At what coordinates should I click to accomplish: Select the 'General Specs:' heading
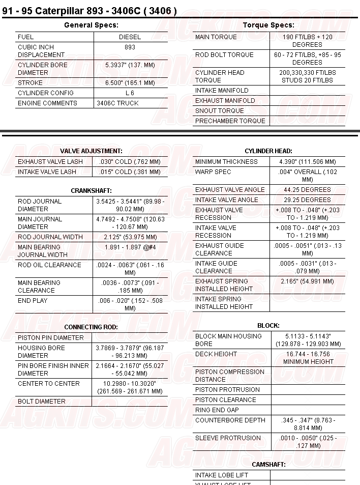[91, 25]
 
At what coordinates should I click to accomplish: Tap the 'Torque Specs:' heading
[268, 25]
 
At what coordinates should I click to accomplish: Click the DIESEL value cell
[130, 37]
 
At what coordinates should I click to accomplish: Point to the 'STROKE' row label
[31, 83]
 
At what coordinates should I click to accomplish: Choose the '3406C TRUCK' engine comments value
[117, 103]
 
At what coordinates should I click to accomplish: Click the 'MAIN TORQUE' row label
[216, 37]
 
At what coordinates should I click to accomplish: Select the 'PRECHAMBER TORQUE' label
[230, 121]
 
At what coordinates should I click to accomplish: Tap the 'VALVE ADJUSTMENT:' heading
[91, 151]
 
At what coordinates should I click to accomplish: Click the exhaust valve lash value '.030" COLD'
[130, 162]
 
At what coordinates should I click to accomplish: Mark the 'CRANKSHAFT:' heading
[91, 191]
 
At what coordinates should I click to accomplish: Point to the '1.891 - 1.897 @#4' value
[130, 247]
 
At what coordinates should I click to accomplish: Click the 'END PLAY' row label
[33, 301]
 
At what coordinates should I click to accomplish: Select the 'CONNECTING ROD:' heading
[91, 327]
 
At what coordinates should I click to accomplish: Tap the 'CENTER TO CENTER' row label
[49, 384]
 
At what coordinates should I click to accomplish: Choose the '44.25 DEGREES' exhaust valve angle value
[307, 190]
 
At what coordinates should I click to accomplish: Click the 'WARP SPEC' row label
[213, 172]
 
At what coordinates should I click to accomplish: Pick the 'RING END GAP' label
[217, 410]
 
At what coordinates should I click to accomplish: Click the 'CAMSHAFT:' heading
[268, 465]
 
